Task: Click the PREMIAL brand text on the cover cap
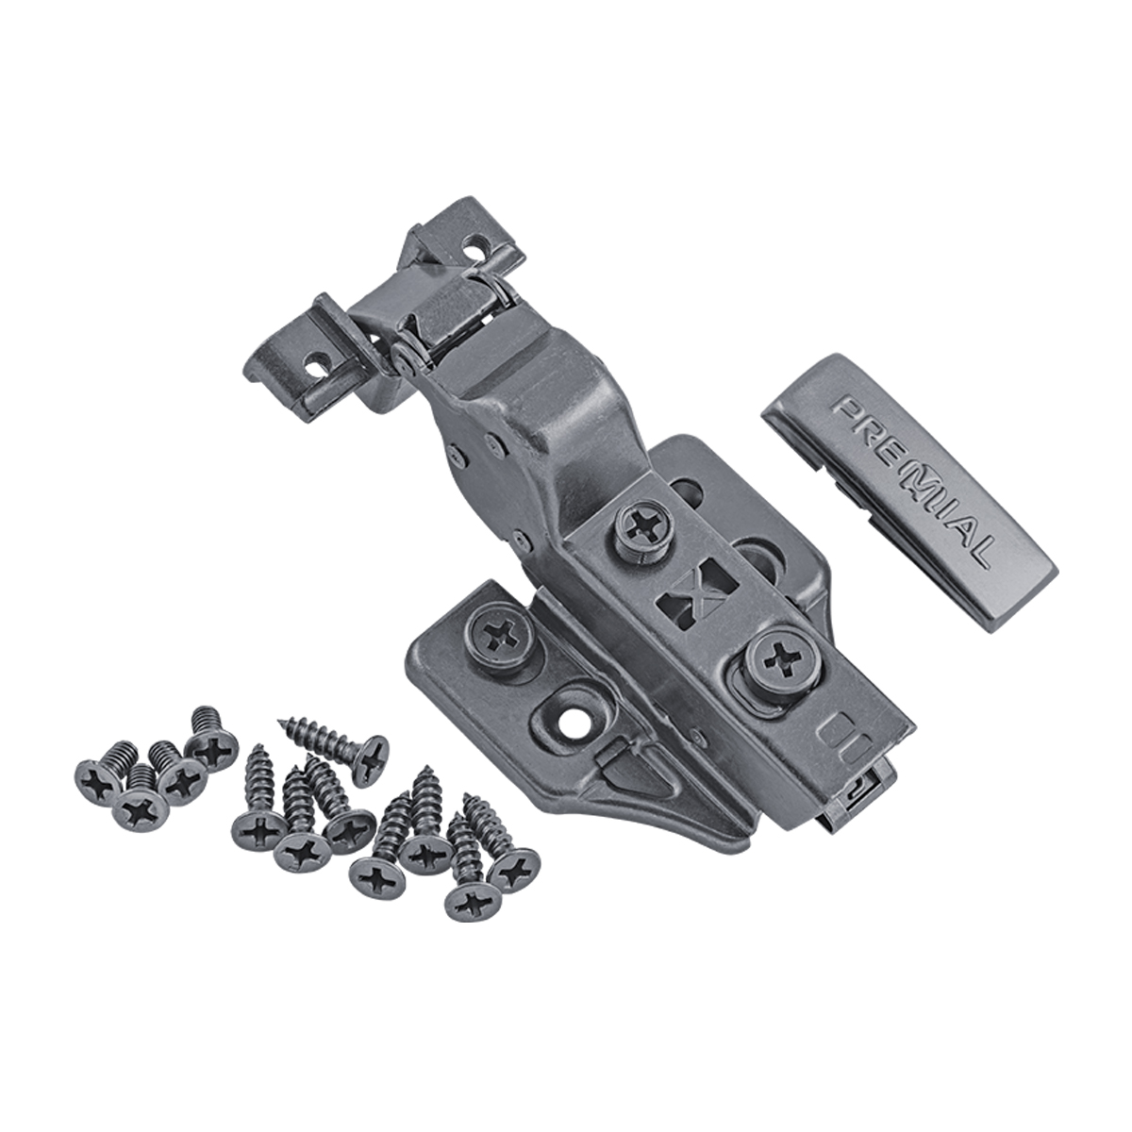click(914, 484)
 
